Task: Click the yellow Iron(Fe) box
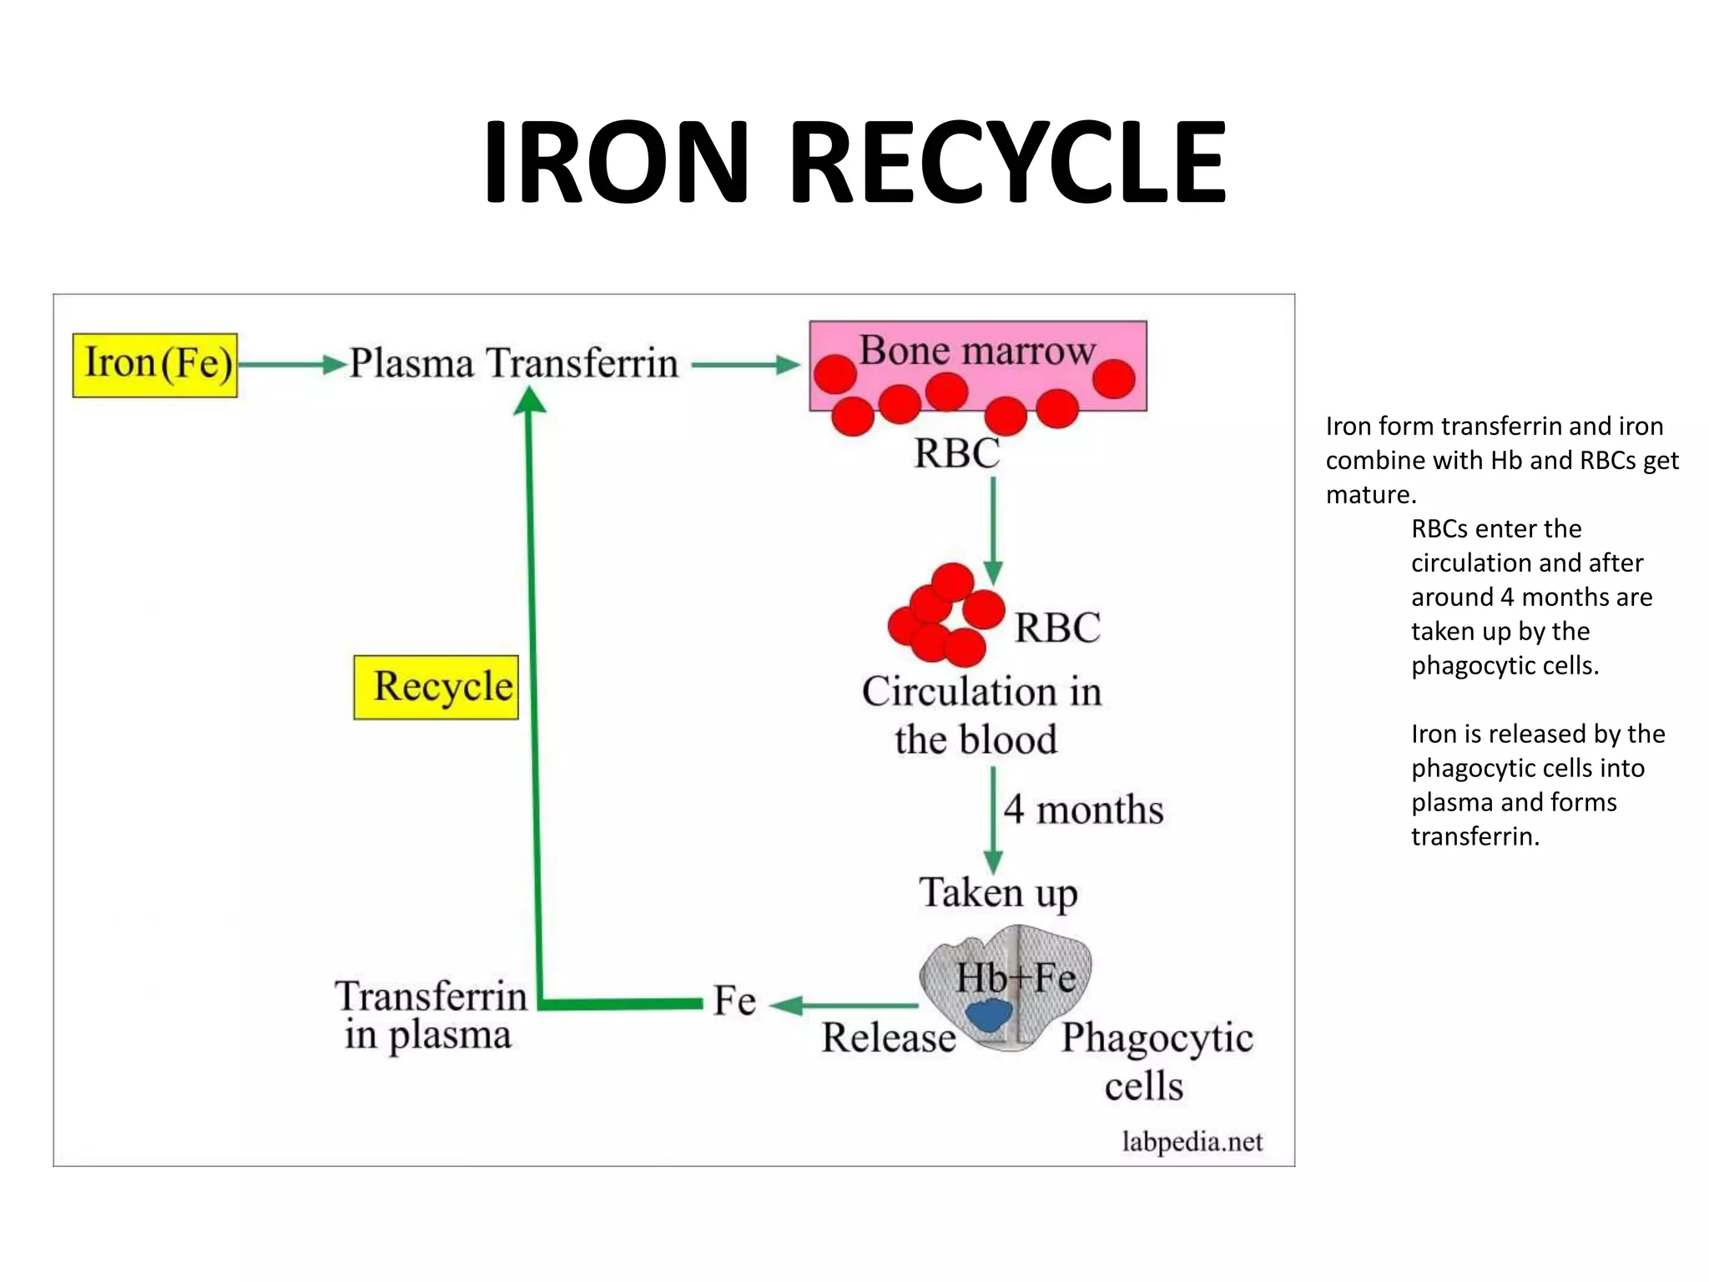tap(155, 365)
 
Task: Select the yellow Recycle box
tap(436, 687)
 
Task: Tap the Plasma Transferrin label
tap(513, 364)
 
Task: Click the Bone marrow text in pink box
tap(976, 350)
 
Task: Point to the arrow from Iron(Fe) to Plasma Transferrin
tap(292, 365)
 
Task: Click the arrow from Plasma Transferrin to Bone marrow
tap(744, 365)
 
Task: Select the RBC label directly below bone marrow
tap(956, 454)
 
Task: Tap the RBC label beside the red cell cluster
tap(1056, 628)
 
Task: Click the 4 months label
tap(1082, 810)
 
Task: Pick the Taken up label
tap(998, 893)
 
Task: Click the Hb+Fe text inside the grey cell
tap(1015, 977)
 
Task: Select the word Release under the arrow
tap(888, 1038)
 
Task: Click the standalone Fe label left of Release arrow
tap(734, 1001)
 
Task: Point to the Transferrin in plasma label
tap(430, 1015)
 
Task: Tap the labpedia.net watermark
tap(1192, 1142)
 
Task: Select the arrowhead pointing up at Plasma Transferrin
tap(529, 401)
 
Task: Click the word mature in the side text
tap(1369, 495)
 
